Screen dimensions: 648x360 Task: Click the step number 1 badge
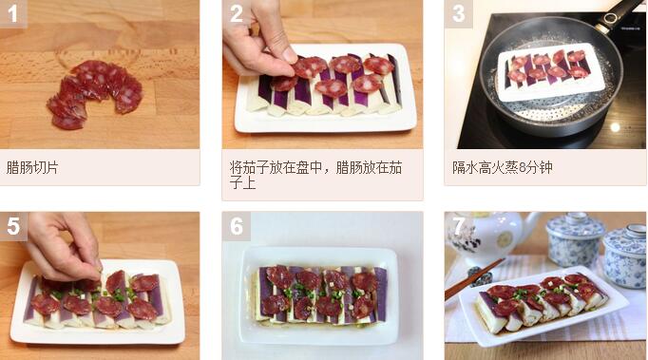(x=13, y=13)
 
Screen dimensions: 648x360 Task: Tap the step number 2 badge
(x=236, y=13)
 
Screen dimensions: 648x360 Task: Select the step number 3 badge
(x=458, y=13)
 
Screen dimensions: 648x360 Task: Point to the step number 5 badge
(x=13, y=226)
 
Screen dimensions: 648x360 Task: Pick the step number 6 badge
(x=236, y=226)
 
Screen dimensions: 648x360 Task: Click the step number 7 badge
(x=458, y=226)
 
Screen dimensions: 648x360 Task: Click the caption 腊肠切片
(x=32, y=167)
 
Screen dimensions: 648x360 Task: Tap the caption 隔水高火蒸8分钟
(x=502, y=167)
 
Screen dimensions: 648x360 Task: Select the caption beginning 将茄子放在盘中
(x=315, y=175)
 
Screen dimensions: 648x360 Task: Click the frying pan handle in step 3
(x=619, y=13)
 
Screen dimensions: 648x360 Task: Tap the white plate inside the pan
(x=550, y=73)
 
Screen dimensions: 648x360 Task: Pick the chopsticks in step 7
(x=474, y=279)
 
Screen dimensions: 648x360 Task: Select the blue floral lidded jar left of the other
(x=575, y=239)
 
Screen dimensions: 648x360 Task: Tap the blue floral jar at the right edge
(x=626, y=256)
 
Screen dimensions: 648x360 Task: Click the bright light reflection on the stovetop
(x=615, y=127)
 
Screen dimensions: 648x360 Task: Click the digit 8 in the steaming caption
(x=523, y=168)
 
